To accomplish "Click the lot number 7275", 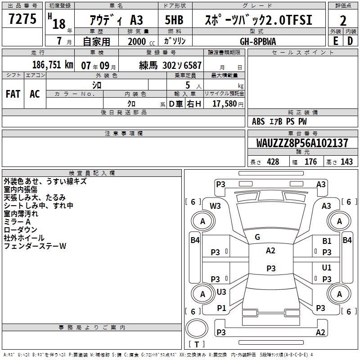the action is [22, 19].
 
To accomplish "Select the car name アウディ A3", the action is [116, 20].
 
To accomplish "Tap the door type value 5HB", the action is [175, 20].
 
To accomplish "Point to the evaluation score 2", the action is [343, 20].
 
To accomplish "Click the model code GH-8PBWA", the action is [258, 41].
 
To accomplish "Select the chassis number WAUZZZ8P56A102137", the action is [302, 143].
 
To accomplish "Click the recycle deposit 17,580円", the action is [228, 104].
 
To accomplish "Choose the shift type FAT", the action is [13, 94].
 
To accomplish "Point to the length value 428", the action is [273, 162].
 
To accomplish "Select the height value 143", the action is [346, 162].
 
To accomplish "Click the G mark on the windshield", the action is [257, 237].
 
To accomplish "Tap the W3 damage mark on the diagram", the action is [215, 206].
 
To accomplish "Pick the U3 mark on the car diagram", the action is [221, 292].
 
